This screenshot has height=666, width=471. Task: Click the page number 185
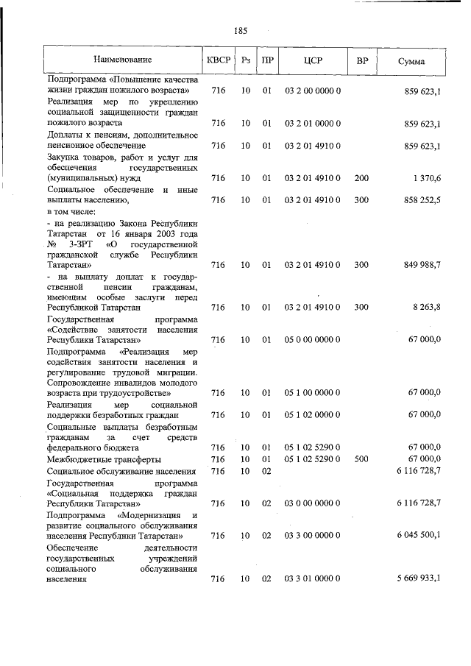[x=240, y=31]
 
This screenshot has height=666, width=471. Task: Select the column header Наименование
[x=122, y=59]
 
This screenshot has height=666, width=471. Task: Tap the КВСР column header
[x=218, y=59]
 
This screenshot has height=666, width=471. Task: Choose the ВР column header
[x=361, y=59]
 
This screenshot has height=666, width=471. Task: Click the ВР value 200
[x=361, y=178]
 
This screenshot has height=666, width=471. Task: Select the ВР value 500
[x=361, y=458]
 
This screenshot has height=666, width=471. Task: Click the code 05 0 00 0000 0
[x=312, y=340]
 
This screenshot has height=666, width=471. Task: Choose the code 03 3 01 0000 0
[x=312, y=579]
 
